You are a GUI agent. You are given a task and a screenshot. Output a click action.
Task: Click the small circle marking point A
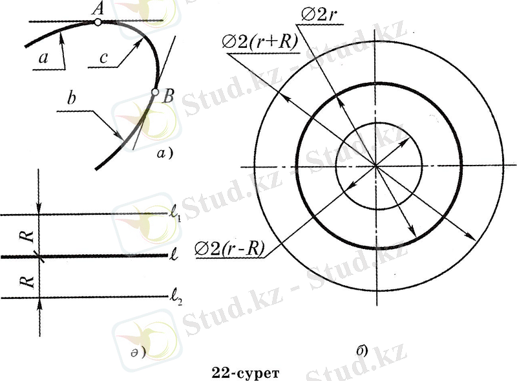click(x=98, y=22)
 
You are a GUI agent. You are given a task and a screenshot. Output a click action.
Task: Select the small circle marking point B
click(x=155, y=93)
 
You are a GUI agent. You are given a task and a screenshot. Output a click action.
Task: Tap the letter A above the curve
click(x=98, y=8)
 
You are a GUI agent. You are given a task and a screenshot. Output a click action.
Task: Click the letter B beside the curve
click(x=168, y=96)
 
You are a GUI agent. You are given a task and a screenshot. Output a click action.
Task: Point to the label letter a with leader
click(x=43, y=58)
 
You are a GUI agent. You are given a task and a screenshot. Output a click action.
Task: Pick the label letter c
click(x=103, y=58)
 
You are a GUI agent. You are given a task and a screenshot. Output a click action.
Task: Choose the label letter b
click(x=71, y=98)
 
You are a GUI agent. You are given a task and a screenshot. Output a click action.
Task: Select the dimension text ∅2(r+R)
click(x=260, y=42)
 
